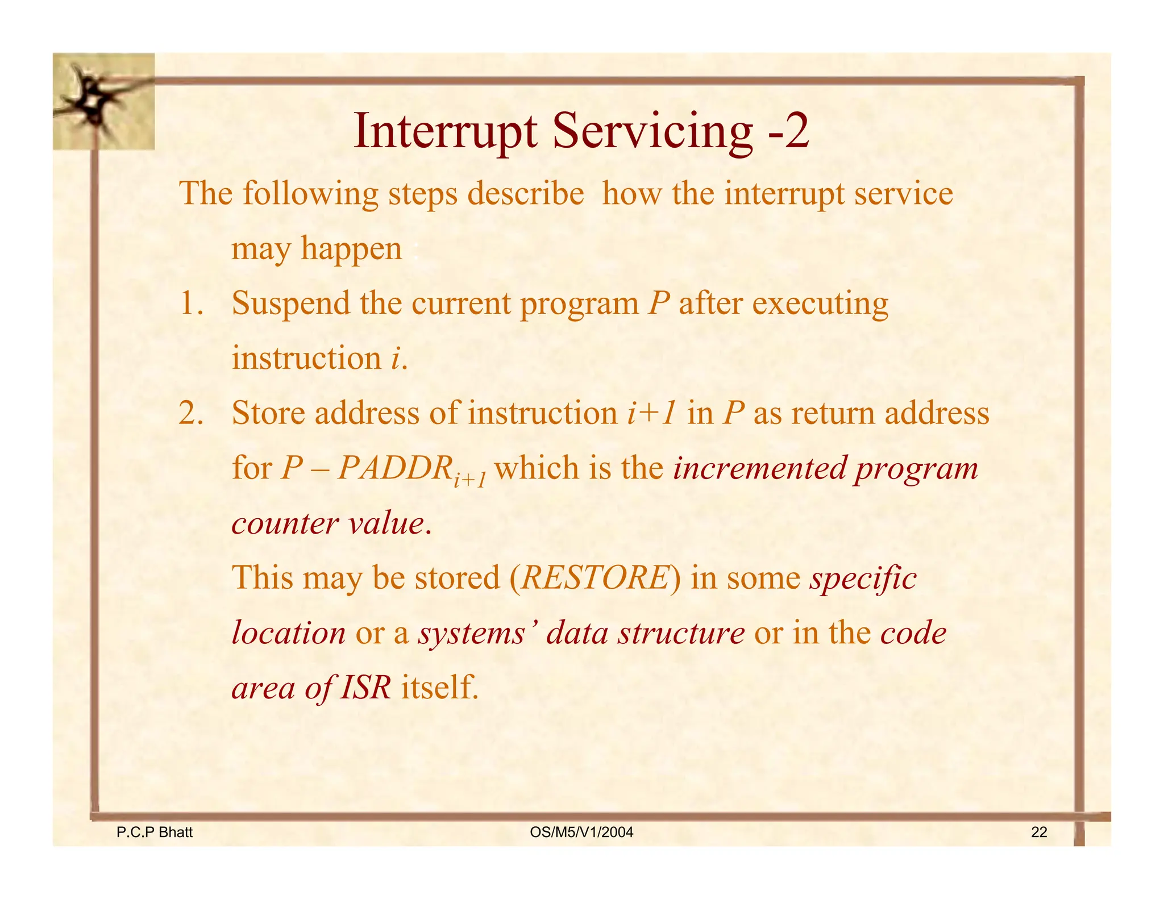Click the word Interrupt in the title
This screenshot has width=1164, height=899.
444,132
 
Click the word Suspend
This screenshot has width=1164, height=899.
290,303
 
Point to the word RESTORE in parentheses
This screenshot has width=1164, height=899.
595,578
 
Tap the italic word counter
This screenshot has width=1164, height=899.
285,523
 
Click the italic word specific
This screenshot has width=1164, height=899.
863,578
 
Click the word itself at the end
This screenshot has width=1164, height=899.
439,688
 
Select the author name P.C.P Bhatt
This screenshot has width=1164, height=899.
154,833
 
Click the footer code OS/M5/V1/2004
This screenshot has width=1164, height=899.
581,833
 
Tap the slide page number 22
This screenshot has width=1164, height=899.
1038,833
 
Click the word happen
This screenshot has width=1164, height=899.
351,249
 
